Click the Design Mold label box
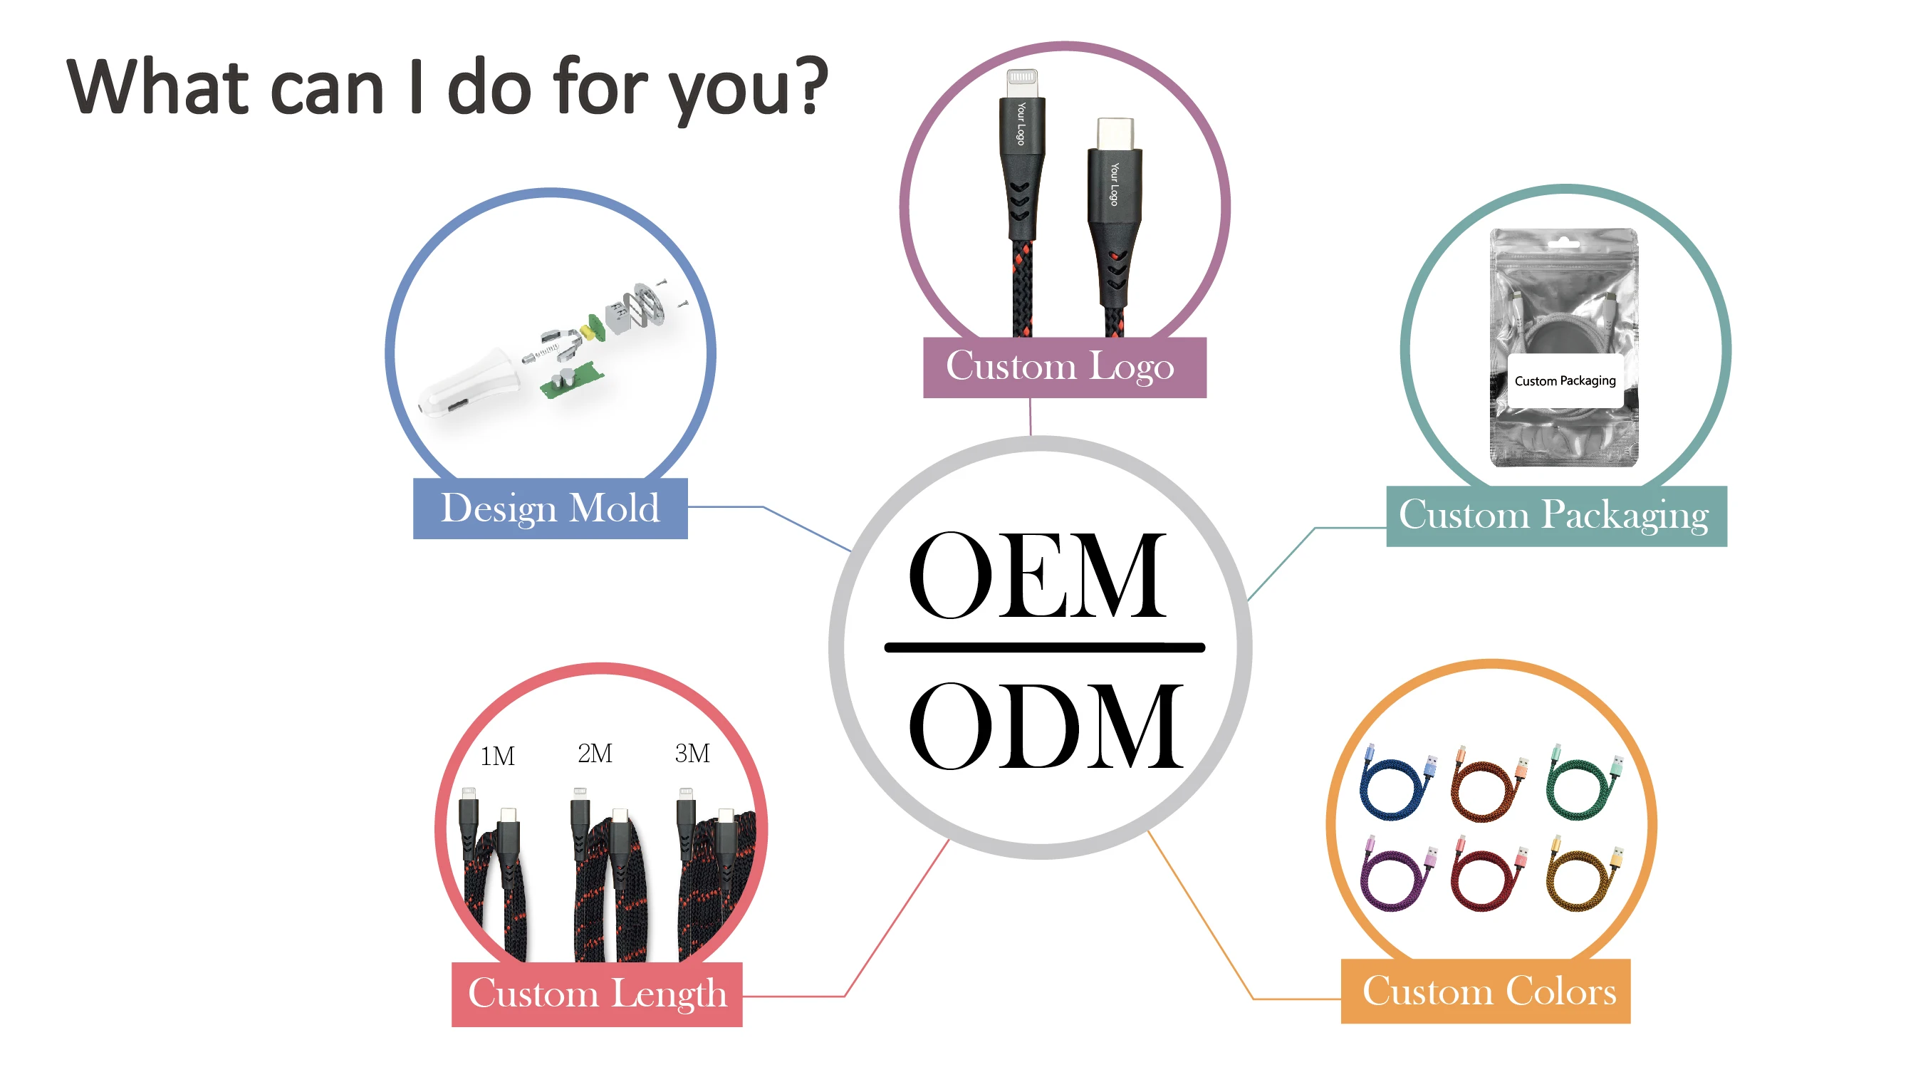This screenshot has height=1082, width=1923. (x=550, y=509)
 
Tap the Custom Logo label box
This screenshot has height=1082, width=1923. (x=1064, y=368)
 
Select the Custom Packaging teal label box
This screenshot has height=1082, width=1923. (x=1555, y=516)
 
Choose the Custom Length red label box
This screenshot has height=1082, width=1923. (x=596, y=994)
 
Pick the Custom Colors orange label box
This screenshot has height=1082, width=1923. (x=1486, y=991)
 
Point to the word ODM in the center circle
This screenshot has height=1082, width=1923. (x=1045, y=726)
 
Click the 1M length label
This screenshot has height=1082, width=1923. (x=497, y=756)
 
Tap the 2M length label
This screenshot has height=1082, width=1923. (x=595, y=754)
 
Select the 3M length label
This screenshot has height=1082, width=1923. (x=692, y=754)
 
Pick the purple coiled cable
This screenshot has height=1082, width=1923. (x=1393, y=875)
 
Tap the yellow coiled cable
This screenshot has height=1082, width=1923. (x=1579, y=875)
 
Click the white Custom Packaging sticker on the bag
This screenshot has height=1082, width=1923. (x=1565, y=381)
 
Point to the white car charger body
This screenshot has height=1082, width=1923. (x=470, y=385)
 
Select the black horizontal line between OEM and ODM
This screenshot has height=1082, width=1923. (x=1043, y=647)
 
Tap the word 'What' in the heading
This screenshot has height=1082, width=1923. (x=157, y=88)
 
